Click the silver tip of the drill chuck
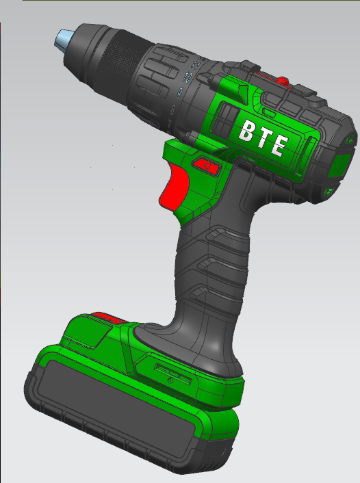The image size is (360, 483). coord(64,39)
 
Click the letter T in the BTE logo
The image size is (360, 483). coord(261,138)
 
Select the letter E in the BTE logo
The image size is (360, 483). coord(278,145)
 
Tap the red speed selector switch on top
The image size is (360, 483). coord(283,81)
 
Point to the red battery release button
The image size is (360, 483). coord(106,318)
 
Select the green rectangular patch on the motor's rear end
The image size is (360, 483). coord(340,164)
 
